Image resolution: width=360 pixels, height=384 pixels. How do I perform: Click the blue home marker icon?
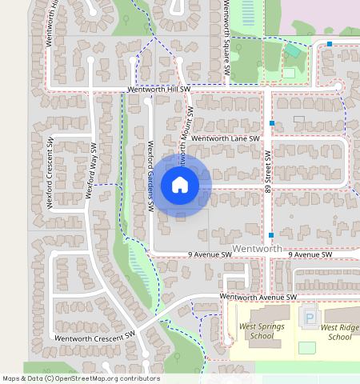tap(180, 186)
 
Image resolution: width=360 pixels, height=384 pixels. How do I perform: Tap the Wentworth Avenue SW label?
tap(258, 297)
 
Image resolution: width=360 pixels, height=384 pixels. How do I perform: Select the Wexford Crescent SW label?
tap(50, 173)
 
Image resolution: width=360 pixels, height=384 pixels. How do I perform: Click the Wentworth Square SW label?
tap(226, 38)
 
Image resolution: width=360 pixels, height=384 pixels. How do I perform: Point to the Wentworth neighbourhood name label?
tap(257, 249)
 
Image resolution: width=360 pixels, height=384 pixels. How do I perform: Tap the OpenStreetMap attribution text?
tap(80, 378)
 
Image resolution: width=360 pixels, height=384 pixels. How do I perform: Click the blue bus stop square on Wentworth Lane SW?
tap(273, 123)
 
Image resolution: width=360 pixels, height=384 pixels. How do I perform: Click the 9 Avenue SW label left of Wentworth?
tap(210, 254)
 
